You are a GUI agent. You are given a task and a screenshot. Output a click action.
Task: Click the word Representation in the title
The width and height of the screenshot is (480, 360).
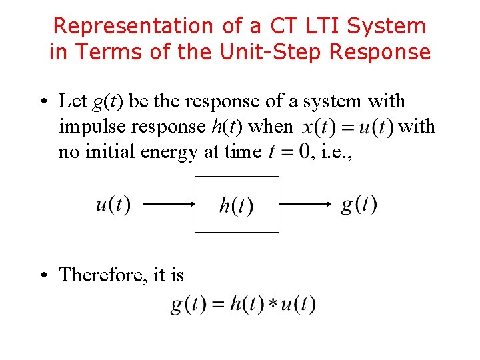click(131, 26)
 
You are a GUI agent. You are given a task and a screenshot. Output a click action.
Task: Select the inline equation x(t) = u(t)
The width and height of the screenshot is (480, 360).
click(347, 127)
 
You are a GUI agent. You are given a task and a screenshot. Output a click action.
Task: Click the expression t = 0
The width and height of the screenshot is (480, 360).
click(289, 152)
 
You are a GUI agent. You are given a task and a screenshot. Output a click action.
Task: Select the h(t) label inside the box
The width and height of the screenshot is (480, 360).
click(237, 205)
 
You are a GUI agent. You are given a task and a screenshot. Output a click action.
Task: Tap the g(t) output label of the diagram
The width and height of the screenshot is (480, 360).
click(359, 203)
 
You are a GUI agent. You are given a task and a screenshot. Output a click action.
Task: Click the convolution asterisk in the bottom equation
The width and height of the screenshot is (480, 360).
click(272, 306)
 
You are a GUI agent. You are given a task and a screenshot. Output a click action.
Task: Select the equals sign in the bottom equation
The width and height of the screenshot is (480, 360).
click(217, 305)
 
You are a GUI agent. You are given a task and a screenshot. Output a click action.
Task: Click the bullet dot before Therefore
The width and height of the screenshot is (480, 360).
click(44, 275)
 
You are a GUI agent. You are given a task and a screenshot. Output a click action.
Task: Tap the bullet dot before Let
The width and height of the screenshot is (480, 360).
click(44, 101)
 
